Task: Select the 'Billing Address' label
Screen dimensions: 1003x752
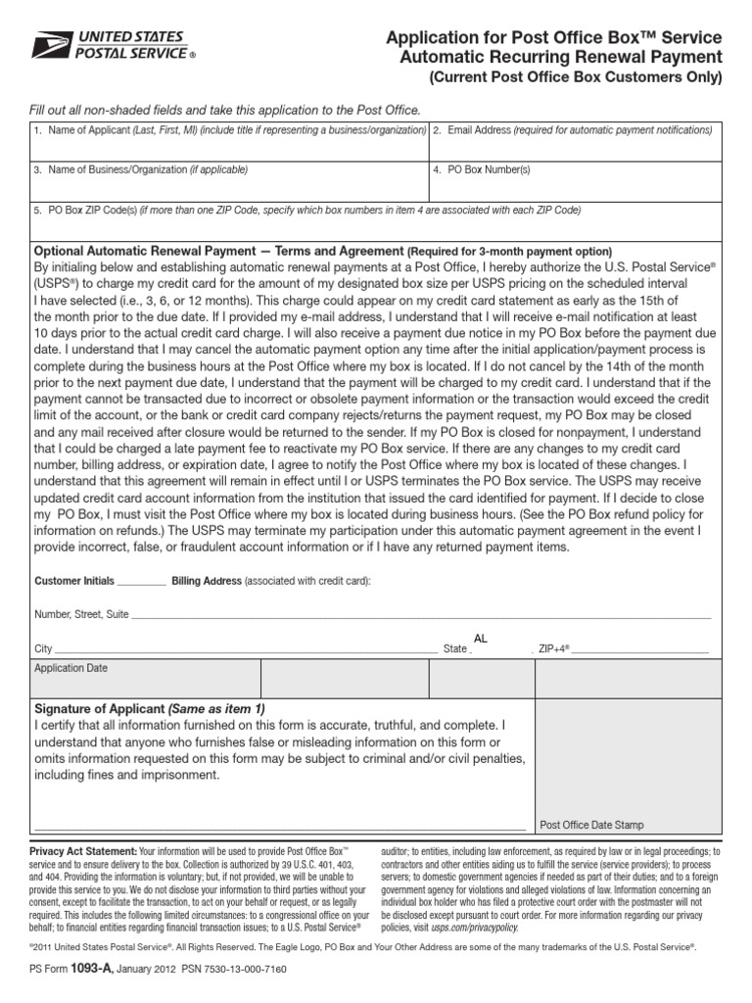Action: [x=207, y=581]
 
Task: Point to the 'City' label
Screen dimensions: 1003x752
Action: [x=43, y=649]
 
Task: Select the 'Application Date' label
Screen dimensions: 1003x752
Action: [x=71, y=669]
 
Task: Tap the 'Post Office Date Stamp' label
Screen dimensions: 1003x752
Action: [x=592, y=825]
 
